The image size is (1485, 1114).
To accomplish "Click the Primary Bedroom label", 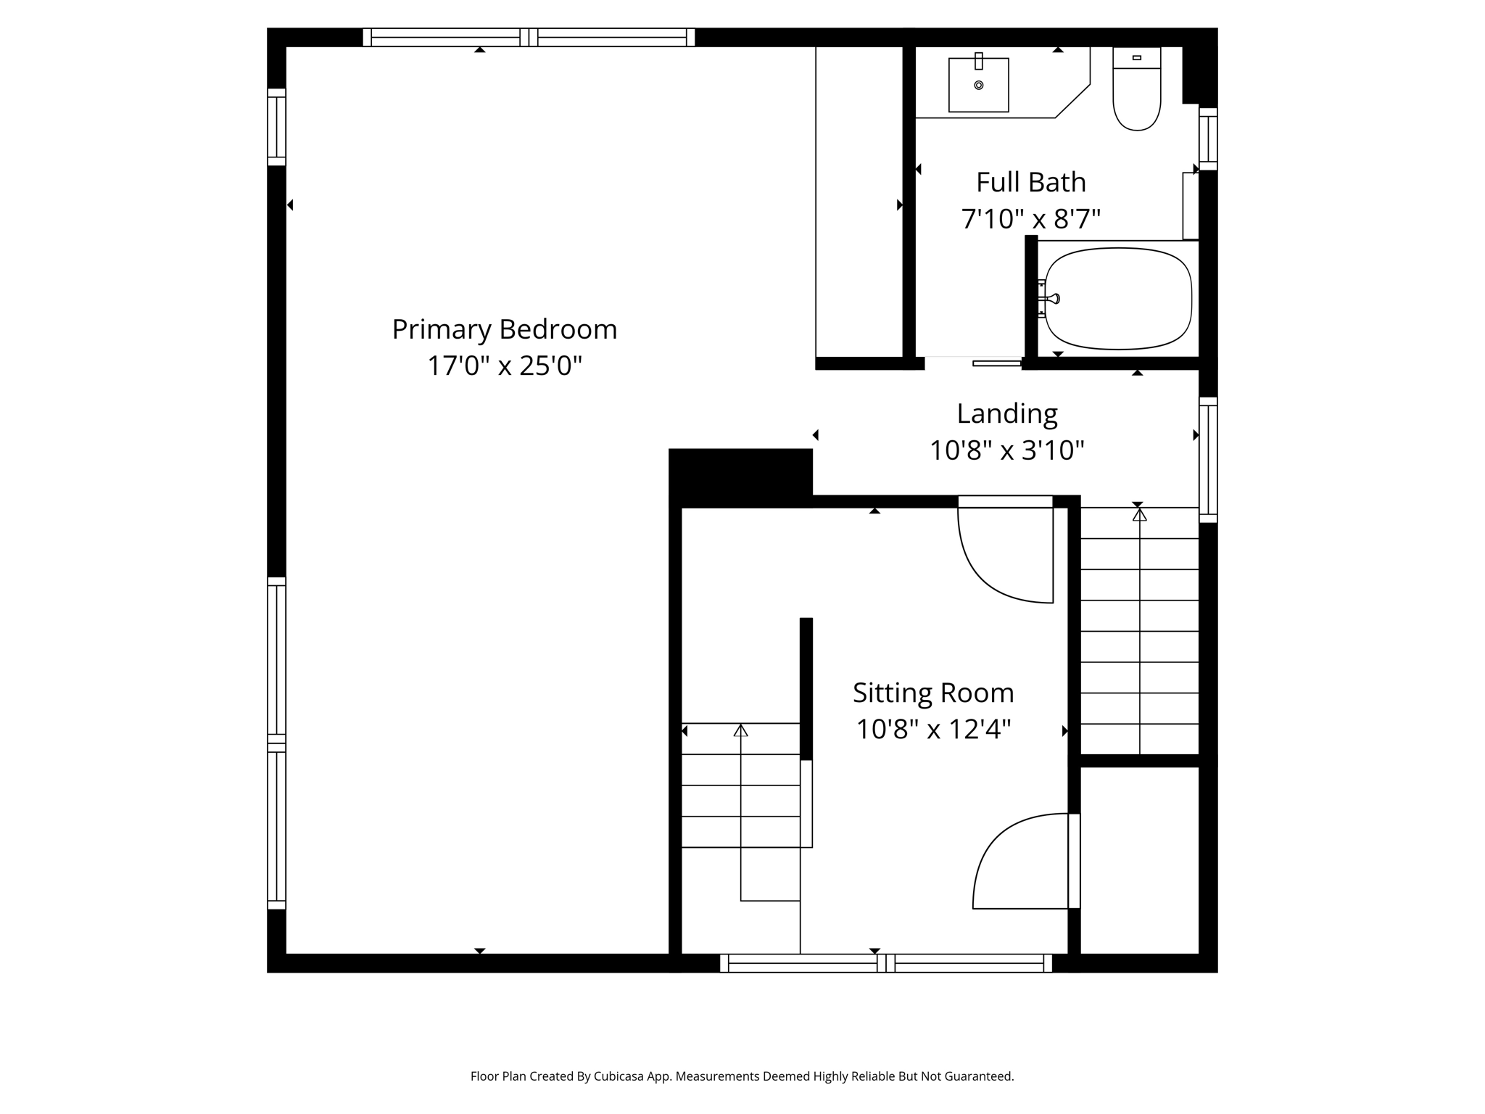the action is click(505, 330).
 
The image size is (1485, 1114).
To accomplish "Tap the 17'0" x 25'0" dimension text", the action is click(505, 366).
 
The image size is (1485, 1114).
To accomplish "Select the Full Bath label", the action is click(1031, 182).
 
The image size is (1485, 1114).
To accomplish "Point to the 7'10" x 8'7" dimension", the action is click(1031, 218).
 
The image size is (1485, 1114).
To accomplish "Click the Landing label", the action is click(1007, 414).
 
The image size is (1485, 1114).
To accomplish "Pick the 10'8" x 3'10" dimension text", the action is click(1007, 450).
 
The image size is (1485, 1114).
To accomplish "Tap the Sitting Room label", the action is click(933, 693).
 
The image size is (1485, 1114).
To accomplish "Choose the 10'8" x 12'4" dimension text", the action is click(933, 729).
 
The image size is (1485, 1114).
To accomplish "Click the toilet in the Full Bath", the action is click(1137, 88).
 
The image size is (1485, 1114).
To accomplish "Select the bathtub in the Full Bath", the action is click(1118, 299).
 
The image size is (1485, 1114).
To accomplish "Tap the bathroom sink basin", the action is click(979, 85).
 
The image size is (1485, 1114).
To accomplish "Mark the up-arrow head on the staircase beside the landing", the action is click(1140, 515).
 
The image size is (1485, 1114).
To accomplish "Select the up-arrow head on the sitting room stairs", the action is click(740, 730).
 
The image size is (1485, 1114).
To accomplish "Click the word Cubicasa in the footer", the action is click(621, 1077).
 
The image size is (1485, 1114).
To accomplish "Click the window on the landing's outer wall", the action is click(1208, 460).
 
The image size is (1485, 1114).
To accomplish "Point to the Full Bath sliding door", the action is click(998, 363).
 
